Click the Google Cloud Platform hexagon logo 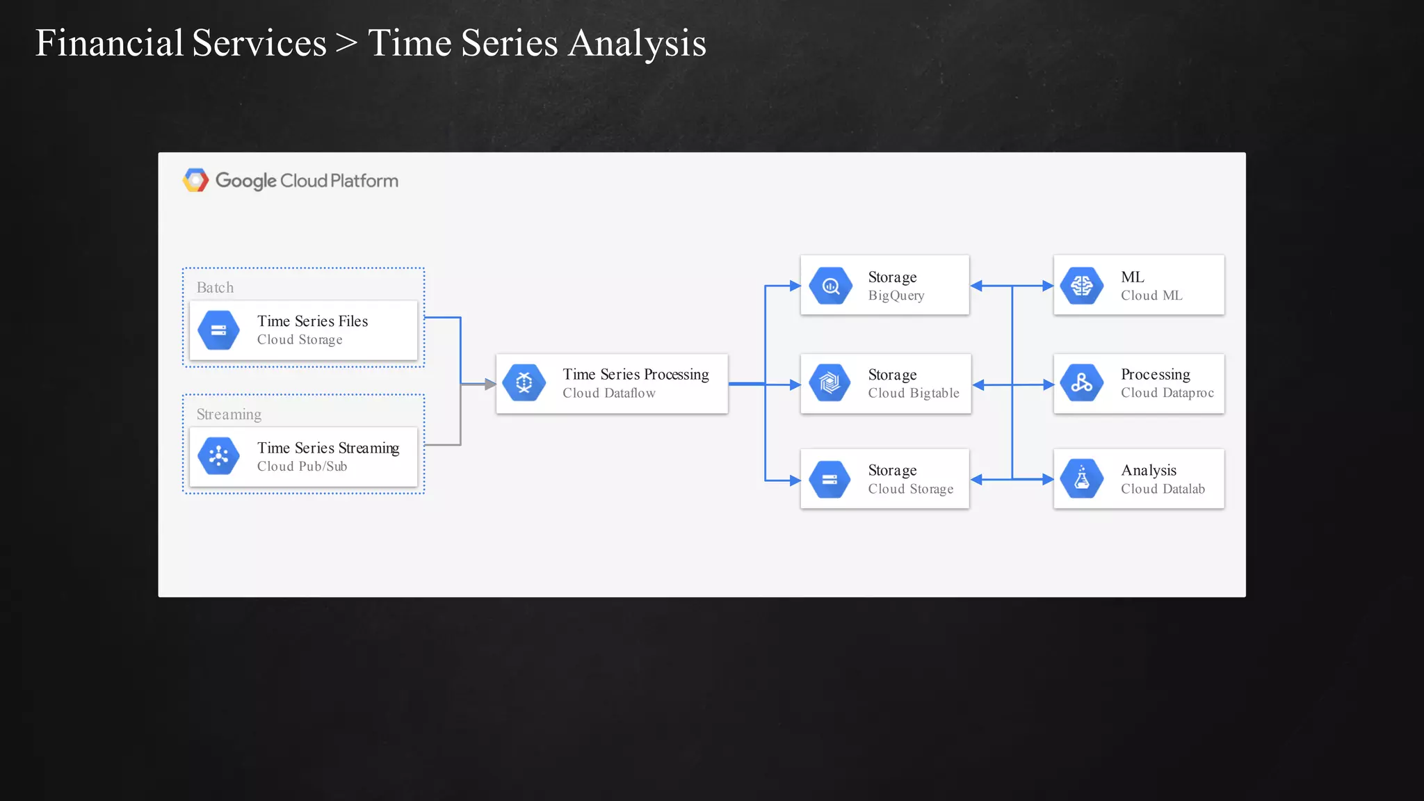[x=195, y=180]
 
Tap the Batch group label [x=215, y=287]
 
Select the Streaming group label [x=229, y=414]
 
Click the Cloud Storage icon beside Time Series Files [x=218, y=330]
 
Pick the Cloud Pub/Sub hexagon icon [x=218, y=456]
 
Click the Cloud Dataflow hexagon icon [x=524, y=382]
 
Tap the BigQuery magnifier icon [x=830, y=286]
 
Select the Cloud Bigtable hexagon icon [x=830, y=383]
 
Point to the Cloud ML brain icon [x=1082, y=286]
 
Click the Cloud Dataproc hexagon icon [x=1082, y=383]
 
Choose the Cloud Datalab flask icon [x=1082, y=479]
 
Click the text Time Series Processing [x=636, y=375]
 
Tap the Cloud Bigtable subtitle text [x=913, y=394]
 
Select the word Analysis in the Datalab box [x=1148, y=471]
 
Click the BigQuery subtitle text [x=896, y=296]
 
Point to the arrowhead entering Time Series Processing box [x=491, y=384]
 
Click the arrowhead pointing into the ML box [x=1048, y=286]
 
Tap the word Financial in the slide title [x=109, y=43]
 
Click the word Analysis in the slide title [x=637, y=43]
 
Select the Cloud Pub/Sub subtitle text [x=302, y=467]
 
